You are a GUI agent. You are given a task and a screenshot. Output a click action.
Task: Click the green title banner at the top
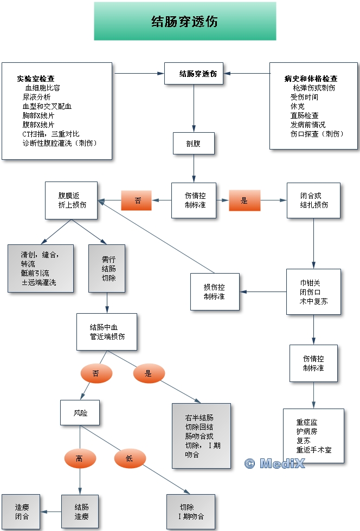[185, 21]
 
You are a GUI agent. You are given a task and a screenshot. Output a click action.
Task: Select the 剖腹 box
[194, 144]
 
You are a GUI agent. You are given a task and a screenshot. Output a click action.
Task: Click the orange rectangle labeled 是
[244, 200]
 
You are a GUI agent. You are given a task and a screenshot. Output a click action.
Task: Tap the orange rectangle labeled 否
[138, 200]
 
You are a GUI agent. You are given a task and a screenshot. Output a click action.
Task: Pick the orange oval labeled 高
[80, 459]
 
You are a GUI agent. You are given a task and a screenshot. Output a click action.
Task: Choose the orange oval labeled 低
[130, 459]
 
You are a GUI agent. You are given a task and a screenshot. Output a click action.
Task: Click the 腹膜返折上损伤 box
[72, 200]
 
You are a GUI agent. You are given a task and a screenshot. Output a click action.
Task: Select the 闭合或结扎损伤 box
[313, 200]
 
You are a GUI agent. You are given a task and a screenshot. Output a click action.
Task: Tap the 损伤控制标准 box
[215, 292]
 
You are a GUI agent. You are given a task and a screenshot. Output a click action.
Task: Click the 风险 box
[80, 413]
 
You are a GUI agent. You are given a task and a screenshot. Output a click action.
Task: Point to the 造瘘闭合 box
[22, 511]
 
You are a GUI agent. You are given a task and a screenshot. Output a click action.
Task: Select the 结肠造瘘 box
[81, 511]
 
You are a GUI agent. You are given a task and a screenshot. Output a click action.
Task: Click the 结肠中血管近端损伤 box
[107, 332]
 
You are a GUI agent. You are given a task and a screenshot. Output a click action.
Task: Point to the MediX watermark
[274, 463]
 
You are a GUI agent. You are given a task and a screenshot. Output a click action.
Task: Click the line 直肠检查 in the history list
[304, 115]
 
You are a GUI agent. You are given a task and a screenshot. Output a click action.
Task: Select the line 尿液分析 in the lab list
[36, 97]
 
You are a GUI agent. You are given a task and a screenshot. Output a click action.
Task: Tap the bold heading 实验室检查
[35, 79]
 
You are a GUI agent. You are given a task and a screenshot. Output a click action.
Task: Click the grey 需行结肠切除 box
[107, 269]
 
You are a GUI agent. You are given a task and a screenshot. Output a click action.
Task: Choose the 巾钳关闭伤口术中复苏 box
[313, 292]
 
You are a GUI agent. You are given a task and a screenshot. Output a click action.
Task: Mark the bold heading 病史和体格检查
[311, 79]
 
